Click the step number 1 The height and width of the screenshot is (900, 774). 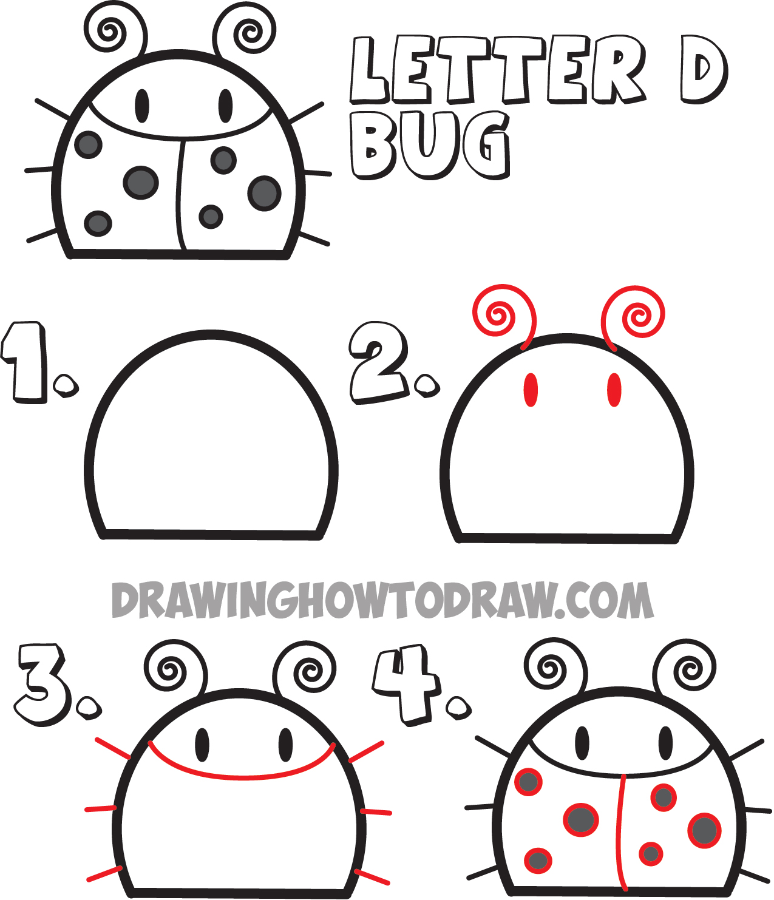(x=27, y=362)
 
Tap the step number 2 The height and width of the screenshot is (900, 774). (x=379, y=362)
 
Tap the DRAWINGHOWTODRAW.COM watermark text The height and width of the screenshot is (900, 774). (x=382, y=601)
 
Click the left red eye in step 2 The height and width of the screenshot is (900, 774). (x=531, y=390)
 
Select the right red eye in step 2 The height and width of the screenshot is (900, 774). (x=614, y=390)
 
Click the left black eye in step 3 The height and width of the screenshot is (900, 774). (x=202, y=744)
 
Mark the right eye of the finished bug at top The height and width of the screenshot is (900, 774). (x=225, y=106)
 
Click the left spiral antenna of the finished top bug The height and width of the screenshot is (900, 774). (x=113, y=30)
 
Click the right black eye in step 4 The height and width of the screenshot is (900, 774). (x=666, y=742)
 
